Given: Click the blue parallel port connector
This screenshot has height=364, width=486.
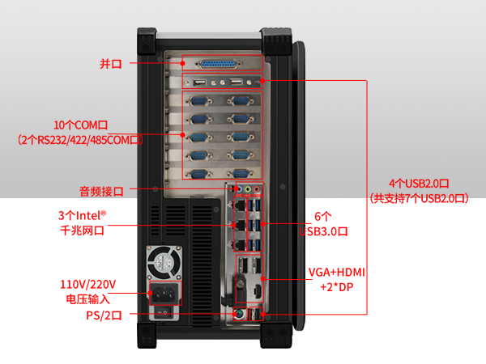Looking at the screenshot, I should (221, 63).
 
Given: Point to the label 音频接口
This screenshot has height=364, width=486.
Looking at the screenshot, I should (101, 191).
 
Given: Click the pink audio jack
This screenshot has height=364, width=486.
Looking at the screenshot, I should (258, 188).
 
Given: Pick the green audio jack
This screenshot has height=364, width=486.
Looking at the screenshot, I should (248, 188).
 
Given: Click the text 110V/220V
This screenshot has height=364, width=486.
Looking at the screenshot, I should (88, 285).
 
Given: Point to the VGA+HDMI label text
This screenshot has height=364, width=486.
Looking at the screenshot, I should (337, 272).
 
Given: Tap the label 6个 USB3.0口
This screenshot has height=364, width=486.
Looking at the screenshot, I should (322, 224).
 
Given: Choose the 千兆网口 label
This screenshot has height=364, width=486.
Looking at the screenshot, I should (81, 230).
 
